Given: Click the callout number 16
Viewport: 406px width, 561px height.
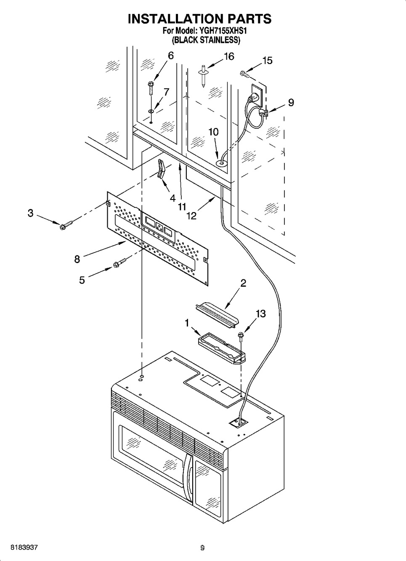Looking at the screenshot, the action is [229, 56].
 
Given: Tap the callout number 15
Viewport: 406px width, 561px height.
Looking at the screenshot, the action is [267, 61].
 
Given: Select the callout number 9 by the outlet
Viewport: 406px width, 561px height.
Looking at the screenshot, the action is [291, 102].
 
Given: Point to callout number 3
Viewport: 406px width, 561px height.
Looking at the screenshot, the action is [31, 213].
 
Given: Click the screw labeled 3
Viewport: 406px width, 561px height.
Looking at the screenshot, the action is [66, 225].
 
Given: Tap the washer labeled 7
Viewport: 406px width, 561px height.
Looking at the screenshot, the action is [151, 111].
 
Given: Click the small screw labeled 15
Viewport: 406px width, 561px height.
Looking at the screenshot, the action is [244, 74].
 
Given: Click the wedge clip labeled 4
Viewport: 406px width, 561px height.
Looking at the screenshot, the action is [160, 170].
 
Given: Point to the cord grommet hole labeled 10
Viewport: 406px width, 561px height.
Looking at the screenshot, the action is [222, 163].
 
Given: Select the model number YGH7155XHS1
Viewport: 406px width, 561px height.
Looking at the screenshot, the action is [223, 31].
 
